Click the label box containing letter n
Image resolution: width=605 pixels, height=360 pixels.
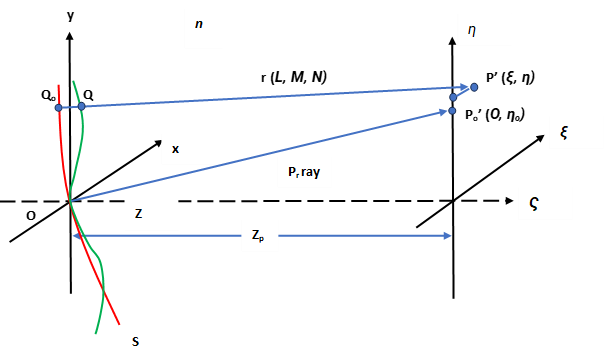202,30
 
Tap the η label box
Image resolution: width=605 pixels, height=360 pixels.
483,30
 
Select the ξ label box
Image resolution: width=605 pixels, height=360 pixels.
577,132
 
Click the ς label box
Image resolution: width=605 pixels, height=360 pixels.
545,203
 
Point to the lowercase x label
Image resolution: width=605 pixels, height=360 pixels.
188,149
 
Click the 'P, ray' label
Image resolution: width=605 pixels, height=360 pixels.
303,171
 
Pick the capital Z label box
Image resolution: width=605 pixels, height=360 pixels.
151,214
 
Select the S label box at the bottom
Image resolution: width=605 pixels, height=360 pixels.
147,341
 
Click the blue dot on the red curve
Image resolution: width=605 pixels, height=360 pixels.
58,107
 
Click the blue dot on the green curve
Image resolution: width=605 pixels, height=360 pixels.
82,106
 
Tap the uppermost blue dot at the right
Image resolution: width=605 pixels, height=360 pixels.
474,87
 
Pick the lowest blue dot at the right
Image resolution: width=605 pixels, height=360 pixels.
452,111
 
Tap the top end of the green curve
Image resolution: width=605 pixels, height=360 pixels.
73,81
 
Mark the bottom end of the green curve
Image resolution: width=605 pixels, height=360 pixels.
97,333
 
